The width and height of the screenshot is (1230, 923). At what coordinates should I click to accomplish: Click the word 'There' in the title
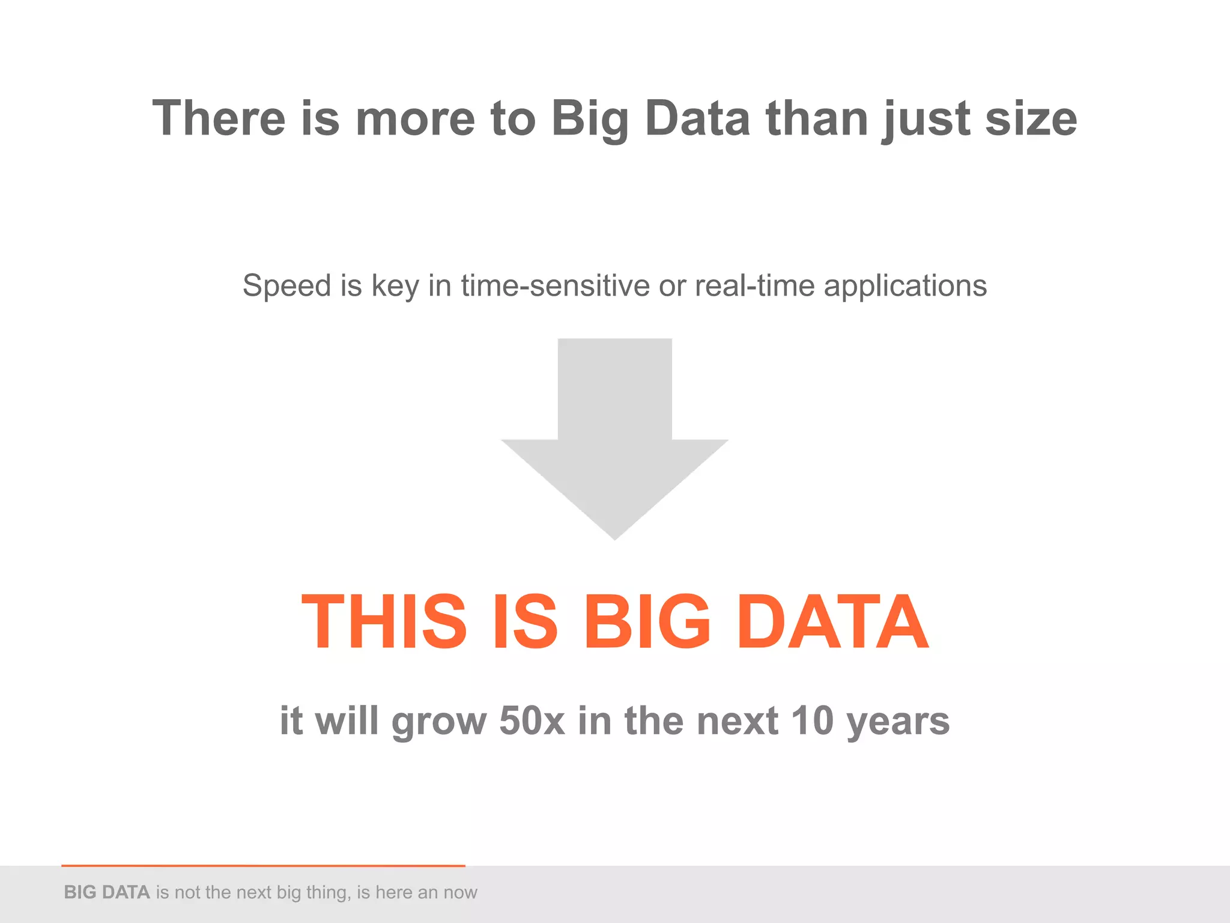219,118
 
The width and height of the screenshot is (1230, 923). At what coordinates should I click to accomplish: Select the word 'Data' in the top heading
697,118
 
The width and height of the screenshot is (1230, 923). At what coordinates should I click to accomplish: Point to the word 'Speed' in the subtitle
286,286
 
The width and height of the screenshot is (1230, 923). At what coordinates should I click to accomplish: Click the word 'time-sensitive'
555,286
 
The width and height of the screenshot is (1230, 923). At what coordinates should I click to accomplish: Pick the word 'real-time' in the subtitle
754,286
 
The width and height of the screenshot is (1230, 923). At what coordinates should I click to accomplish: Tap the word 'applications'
905,286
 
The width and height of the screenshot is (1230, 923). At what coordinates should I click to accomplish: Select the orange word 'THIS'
384,621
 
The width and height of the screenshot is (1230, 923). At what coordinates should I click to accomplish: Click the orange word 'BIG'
647,621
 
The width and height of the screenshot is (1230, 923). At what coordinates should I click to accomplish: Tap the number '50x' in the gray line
532,720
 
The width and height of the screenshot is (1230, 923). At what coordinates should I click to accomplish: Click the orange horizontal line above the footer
263,865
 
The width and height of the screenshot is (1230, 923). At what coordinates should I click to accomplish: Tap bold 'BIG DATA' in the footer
107,892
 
